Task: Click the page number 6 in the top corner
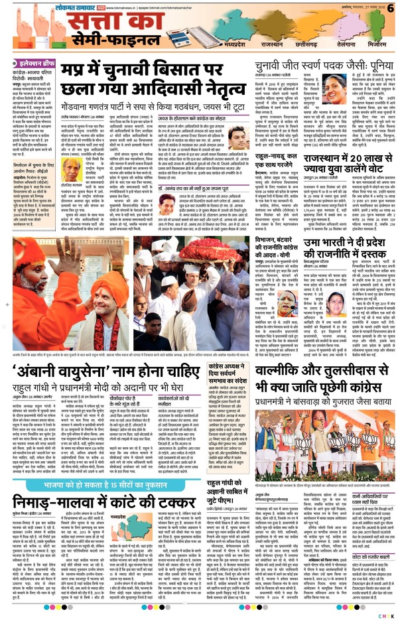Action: pyautogui.click(x=391, y=7)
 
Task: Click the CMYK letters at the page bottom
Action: pyautogui.click(x=386, y=615)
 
